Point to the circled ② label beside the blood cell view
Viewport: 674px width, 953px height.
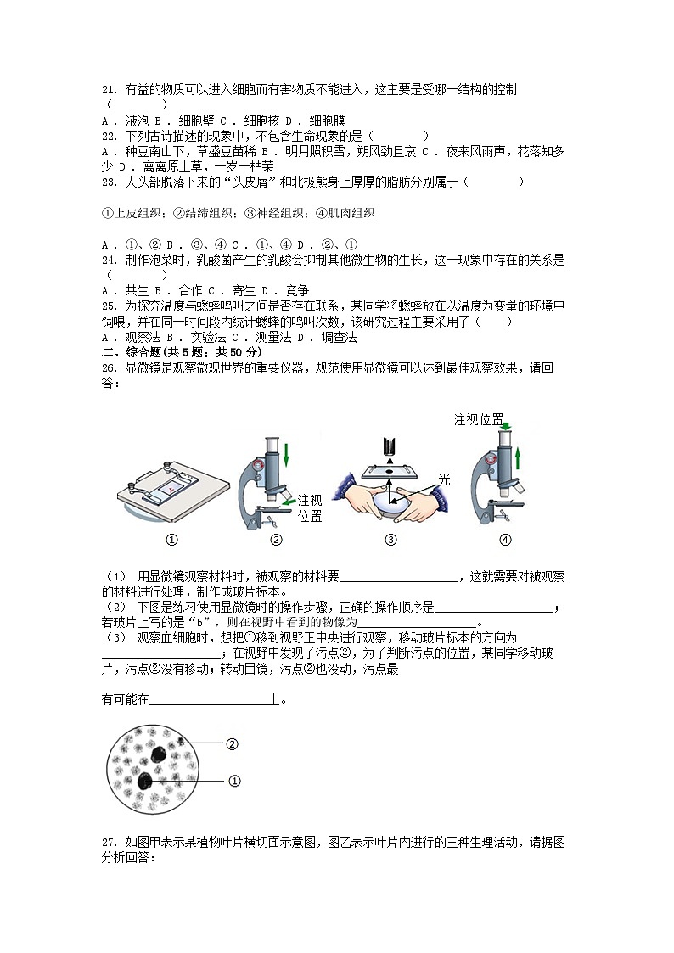coord(232,744)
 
